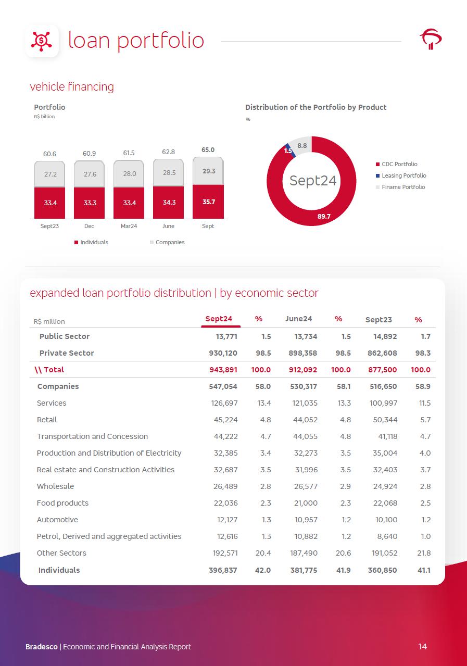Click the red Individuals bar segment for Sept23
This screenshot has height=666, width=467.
coord(50,203)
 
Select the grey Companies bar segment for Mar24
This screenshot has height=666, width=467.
coord(130,174)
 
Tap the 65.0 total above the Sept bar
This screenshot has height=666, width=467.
coord(208,150)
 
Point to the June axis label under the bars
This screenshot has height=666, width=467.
coord(168,226)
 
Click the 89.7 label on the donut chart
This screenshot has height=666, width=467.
coord(324,216)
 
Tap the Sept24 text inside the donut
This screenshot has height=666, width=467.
coord(312,180)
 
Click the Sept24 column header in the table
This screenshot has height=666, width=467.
coord(219,319)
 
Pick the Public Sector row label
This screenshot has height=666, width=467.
coord(65,336)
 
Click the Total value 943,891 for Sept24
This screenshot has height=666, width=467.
coord(223,370)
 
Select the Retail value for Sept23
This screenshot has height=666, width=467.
coord(385,420)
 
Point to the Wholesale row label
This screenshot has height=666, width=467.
coord(55,486)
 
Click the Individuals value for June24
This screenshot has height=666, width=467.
coord(304,570)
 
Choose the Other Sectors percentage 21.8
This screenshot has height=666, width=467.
coord(424,553)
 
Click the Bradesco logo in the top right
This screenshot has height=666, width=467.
coord(431,40)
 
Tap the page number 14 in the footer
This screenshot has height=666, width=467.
coord(422,646)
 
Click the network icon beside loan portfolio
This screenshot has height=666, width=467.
coord(42,41)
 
